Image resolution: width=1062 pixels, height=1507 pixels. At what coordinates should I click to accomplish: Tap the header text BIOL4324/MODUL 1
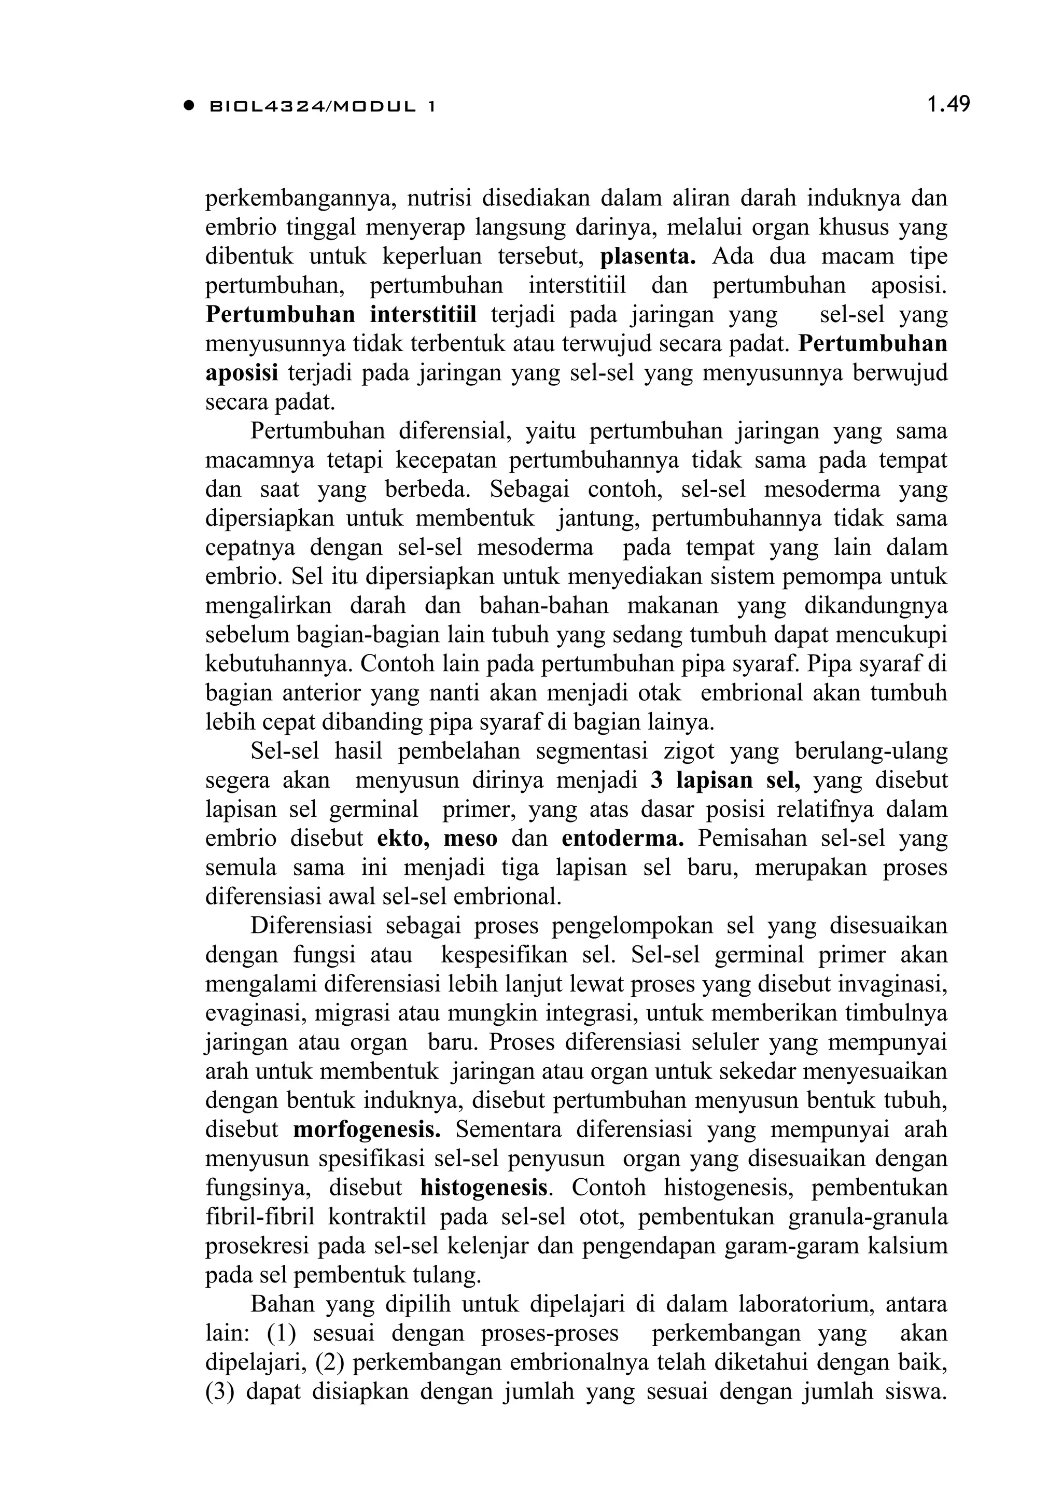322,106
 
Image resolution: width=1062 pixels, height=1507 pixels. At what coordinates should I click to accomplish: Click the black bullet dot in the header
190,105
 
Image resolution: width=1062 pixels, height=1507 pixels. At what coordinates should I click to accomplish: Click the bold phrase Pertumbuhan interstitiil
341,314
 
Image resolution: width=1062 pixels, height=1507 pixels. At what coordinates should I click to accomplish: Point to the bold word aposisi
242,372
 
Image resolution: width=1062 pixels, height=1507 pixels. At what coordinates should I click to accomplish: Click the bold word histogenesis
484,1188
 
